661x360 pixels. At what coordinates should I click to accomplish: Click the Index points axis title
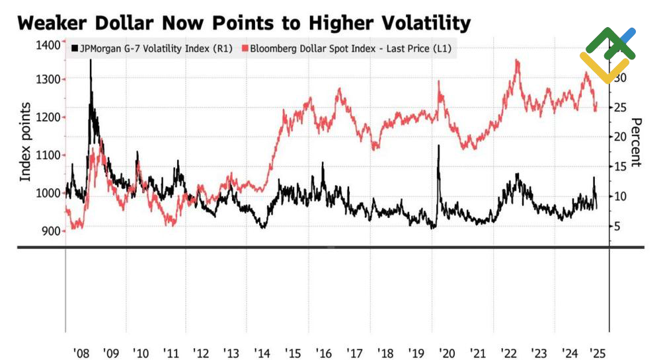click(x=25, y=141)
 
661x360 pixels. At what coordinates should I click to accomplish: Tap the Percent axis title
click(x=637, y=142)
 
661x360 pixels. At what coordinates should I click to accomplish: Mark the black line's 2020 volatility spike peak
click(x=438, y=146)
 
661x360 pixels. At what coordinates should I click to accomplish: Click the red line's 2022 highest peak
click(x=516, y=61)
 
